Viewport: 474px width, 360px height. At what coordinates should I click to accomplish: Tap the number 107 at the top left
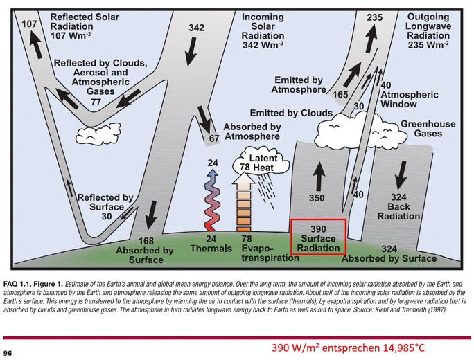29,24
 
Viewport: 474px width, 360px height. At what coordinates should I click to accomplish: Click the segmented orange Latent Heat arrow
244,201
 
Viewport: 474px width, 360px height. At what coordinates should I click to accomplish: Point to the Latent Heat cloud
261,163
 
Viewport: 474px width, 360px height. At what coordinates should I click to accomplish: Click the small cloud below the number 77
98,134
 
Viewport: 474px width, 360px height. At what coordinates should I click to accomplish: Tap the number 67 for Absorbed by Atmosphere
214,138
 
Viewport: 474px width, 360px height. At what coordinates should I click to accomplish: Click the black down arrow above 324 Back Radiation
402,174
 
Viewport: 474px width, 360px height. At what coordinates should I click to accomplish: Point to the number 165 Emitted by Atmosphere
340,95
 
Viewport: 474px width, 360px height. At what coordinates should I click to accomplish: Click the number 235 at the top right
374,17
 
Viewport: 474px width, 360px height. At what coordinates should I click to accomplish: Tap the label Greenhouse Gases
428,129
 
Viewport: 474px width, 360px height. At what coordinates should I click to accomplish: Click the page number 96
8,353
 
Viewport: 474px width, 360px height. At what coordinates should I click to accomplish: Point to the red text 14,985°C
404,348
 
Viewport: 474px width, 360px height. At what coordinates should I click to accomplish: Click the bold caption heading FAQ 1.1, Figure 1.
33,285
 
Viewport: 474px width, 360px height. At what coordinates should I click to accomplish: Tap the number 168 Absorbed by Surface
146,241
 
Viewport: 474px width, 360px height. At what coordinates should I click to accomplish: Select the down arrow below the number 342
191,51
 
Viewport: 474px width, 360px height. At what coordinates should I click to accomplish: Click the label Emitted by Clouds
291,113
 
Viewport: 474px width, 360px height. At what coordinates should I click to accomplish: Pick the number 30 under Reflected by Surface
107,216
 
